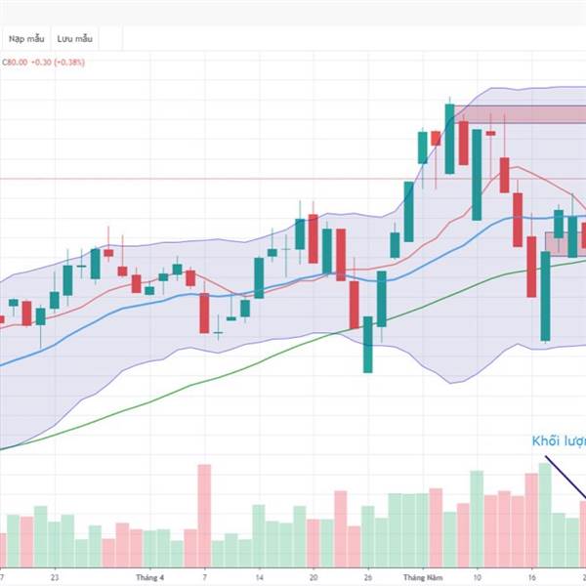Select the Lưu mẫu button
[74, 38]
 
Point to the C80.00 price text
[13, 62]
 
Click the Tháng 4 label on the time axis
[148, 576]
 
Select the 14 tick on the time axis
[259, 576]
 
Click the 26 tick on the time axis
[367, 576]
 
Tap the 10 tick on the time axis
[476, 576]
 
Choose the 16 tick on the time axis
[531, 576]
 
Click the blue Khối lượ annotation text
[558, 441]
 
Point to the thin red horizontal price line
[195, 179]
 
